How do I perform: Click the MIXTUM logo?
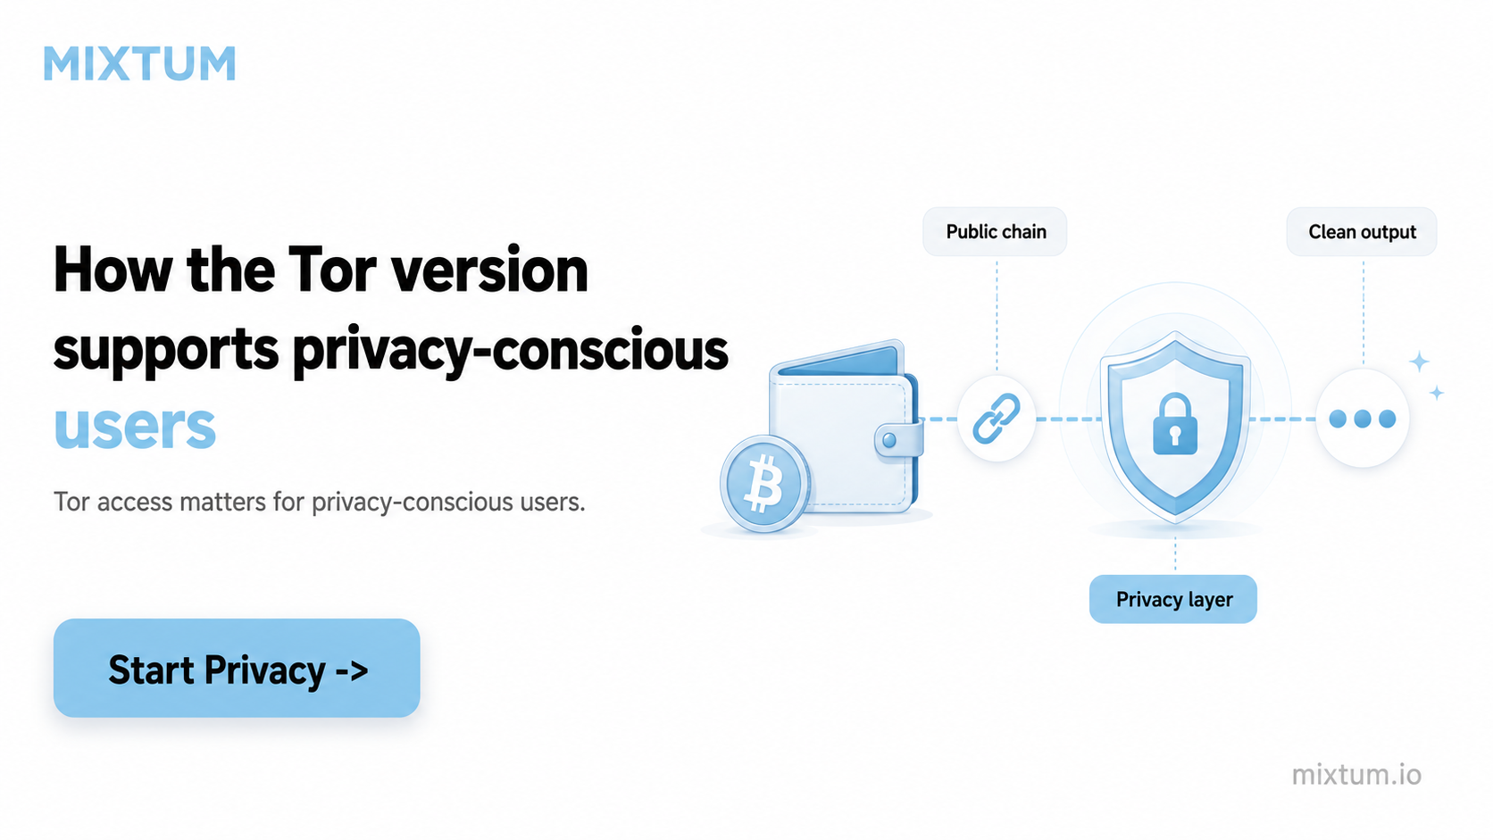pos(139,64)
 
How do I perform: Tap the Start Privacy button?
pos(237,668)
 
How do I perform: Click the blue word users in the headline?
pos(135,427)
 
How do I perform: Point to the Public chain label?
pos(995,232)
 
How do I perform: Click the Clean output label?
pos(1362,232)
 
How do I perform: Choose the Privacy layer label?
pos(1173,600)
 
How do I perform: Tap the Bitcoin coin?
pos(764,484)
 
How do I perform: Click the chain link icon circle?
pos(997,419)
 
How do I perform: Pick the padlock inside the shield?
pos(1175,424)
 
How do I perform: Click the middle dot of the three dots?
pos(1363,419)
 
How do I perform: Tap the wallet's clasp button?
pos(889,440)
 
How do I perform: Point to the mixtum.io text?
pos(1356,775)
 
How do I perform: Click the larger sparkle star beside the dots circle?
pos(1419,362)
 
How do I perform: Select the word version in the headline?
pos(489,270)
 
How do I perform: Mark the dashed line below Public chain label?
pos(997,314)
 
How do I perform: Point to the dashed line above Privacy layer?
pos(1175,555)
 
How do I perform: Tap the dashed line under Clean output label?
pos(1363,312)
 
